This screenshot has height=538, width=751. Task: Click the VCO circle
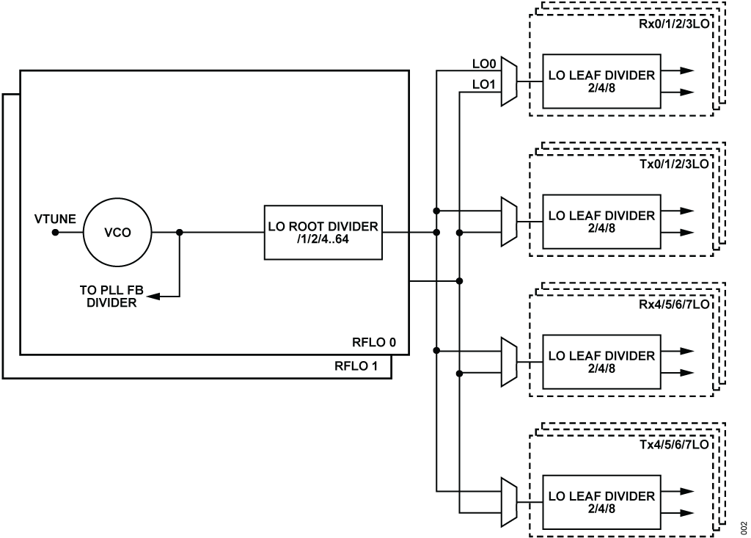[117, 233]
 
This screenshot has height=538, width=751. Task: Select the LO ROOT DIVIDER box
[323, 233]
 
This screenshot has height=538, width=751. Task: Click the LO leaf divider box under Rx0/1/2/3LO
[601, 81]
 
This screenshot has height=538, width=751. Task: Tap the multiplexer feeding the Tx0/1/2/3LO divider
[509, 222]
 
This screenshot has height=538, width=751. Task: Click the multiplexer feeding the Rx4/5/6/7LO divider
[509, 362]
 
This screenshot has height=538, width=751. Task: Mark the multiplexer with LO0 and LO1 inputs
[509, 82]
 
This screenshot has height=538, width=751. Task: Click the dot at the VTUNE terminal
[54, 233]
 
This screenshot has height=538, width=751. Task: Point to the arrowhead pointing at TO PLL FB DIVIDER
[151, 297]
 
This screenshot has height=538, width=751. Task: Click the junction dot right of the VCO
[180, 233]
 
